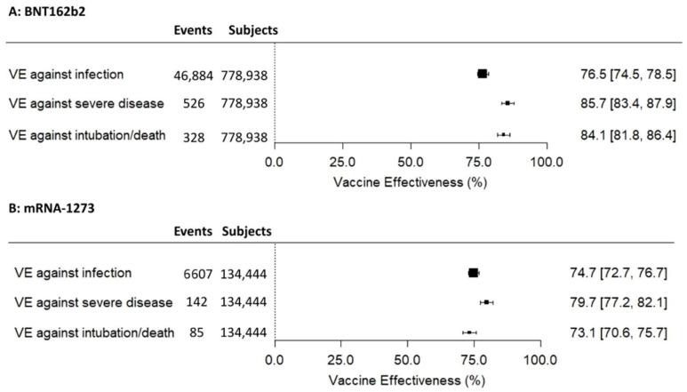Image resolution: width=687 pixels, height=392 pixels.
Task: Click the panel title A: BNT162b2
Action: click(x=42, y=10)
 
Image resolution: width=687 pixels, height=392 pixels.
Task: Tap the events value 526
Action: click(x=194, y=104)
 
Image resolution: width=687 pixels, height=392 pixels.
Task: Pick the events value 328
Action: click(x=194, y=135)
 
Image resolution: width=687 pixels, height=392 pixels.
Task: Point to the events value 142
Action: click(x=197, y=302)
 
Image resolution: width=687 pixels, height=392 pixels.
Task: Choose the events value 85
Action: click(x=199, y=332)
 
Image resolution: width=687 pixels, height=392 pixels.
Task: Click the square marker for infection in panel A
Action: click(x=483, y=74)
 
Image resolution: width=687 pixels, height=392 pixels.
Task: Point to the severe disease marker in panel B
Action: click(x=486, y=302)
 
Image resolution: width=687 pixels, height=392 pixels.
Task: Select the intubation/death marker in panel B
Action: click(x=469, y=332)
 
